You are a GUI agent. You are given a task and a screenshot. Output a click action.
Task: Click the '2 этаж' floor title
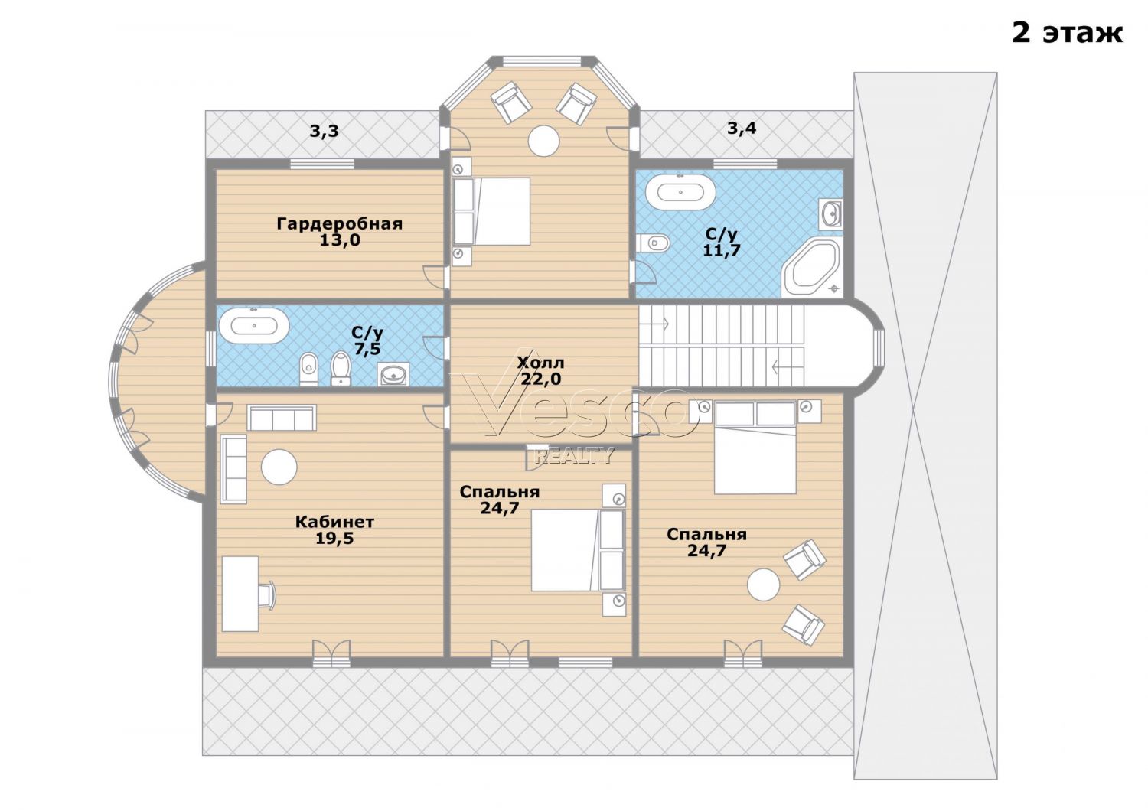point(1067,34)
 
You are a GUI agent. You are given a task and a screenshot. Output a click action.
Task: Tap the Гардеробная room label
point(339,224)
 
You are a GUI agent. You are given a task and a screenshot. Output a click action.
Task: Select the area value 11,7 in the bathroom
point(722,250)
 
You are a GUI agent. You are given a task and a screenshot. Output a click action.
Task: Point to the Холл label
point(540,363)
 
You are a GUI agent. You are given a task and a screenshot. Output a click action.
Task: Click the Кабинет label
point(334,522)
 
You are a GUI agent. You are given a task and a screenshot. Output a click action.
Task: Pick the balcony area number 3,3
point(324,131)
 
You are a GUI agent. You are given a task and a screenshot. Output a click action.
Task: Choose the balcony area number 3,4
point(742,128)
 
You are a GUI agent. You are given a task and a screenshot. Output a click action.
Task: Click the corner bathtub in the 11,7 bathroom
point(813,266)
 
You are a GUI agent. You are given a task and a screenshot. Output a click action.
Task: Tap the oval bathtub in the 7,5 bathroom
point(253,325)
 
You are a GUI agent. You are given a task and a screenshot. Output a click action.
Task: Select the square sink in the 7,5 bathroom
point(393,374)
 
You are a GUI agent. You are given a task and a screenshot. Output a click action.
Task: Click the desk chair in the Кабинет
point(267,594)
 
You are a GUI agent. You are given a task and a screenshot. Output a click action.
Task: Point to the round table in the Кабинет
point(279,467)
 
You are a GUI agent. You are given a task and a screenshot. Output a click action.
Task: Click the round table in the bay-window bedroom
point(543,140)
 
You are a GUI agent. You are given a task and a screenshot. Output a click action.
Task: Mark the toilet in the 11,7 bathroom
point(652,243)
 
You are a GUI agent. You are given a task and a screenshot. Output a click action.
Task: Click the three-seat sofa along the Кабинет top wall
point(282,418)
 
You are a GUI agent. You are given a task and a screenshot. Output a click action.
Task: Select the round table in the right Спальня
point(764,584)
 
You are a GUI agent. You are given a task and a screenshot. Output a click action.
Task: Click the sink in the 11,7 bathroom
point(830,213)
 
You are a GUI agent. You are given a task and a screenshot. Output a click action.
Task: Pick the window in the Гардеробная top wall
point(322,164)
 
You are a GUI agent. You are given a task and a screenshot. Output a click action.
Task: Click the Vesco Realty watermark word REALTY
point(574,455)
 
